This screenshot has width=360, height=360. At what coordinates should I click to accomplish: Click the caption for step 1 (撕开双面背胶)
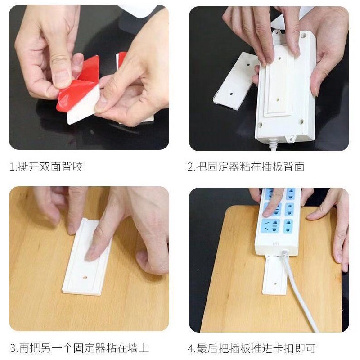pyautogui.click(x=46, y=166)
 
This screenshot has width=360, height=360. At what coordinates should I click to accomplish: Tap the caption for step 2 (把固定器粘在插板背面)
pyautogui.click(x=246, y=166)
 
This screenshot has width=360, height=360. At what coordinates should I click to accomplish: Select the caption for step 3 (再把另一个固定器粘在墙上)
pyautogui.click(x=80, y=348)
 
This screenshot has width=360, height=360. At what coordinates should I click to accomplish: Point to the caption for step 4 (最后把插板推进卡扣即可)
pyautogui.click(x=252, y=348)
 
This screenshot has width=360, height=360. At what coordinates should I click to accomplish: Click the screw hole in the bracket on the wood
pyautogui.click(x=85, y=278)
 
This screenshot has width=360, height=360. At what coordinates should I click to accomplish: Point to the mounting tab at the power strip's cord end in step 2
pyautogui.click(x=291, y=139)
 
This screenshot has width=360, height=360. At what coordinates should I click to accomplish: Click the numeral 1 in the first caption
pyautogui.click(x=12, y=166)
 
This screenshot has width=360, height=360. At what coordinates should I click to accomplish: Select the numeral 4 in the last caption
pyautogui.click(x=190, y=348)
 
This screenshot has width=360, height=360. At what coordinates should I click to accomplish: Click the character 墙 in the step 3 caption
pyautogui.click(x=133, y=348)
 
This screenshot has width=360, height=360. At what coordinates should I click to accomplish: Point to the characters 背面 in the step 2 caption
pyautogui.click(x=294, y=166)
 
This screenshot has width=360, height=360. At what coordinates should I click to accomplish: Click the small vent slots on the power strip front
pyautogui.click(x=276, y=243)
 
